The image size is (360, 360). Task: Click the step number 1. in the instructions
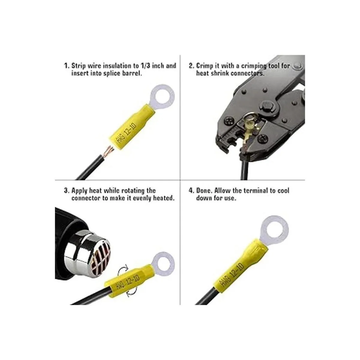[67, 66]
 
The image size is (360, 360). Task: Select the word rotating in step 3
[133, 191]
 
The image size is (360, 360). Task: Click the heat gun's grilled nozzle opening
[100, 260]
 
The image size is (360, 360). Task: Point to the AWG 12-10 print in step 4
[232, 274]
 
